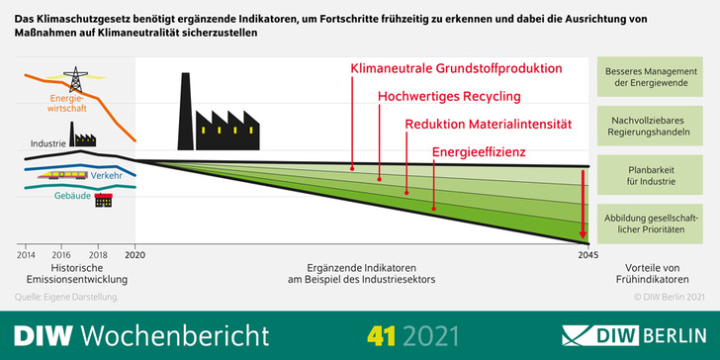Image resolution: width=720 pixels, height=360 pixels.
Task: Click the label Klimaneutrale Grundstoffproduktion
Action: pos(456,69)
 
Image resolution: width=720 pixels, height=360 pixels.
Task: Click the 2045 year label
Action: pos(587,254)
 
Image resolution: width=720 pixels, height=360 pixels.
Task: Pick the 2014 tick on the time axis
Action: pos(26,254)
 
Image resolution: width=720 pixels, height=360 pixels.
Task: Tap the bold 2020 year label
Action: pos(135,254)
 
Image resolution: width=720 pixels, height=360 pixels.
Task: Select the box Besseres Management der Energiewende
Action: pos(651,76)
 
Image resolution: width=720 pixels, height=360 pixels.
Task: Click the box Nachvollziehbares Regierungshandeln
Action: pos(651,125)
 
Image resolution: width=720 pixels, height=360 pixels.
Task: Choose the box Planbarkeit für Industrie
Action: pos(651,174)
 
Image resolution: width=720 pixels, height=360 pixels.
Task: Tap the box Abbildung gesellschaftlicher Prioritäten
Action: pos(651,223)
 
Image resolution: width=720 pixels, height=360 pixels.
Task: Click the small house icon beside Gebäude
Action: pos(103,200)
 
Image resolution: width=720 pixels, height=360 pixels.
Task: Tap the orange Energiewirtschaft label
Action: pos(68,105)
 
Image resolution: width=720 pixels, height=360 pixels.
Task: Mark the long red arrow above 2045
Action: pos(585,203)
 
